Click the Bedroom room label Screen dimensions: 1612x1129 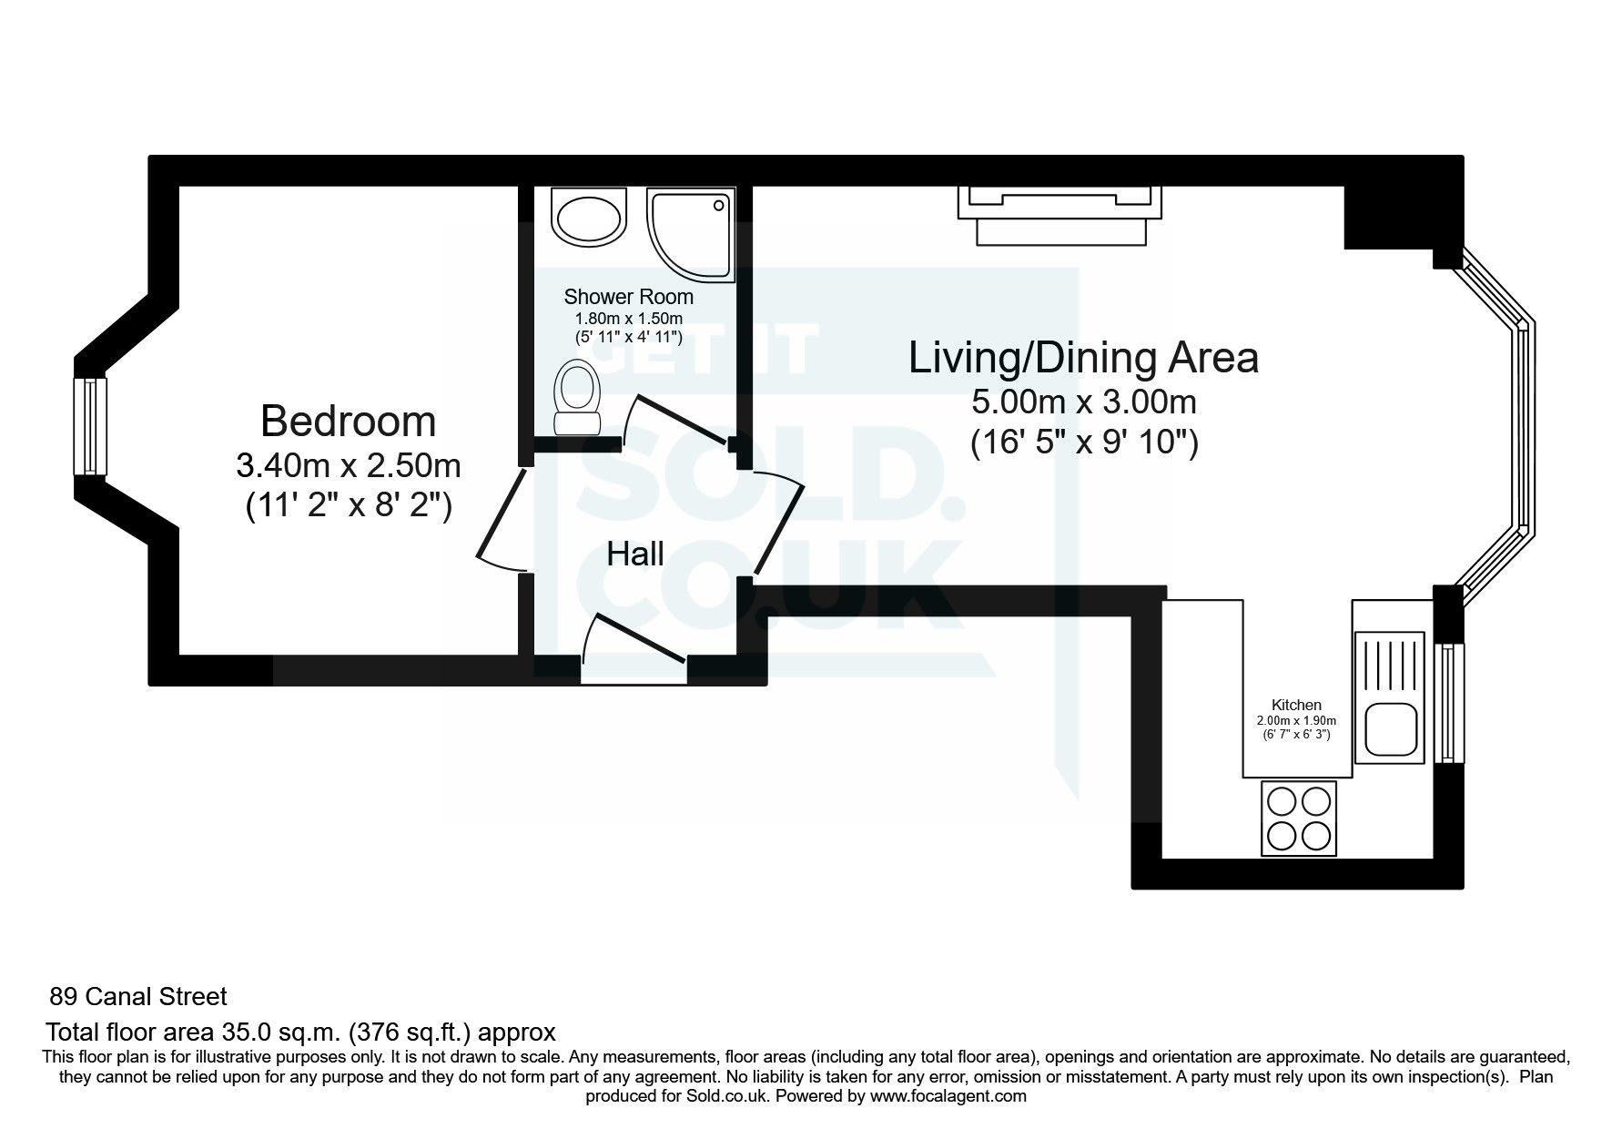click(349, 422)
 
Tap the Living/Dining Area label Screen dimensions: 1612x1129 click(1083, 358)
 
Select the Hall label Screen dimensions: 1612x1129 click(635, 554)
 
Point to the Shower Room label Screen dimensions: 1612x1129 click(628, 297)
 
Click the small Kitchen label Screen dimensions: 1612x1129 click(1296, 705)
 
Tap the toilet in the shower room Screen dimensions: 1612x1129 click(578, 397)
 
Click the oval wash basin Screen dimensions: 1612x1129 click(590, 218)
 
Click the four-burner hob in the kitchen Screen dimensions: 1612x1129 click(1299, 818)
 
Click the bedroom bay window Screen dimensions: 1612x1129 click(90, 426)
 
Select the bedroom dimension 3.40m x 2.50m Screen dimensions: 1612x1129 click(349, 466)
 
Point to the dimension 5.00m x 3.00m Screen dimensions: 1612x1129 click(1083, 401)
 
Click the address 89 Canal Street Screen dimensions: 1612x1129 click(138, 997)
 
